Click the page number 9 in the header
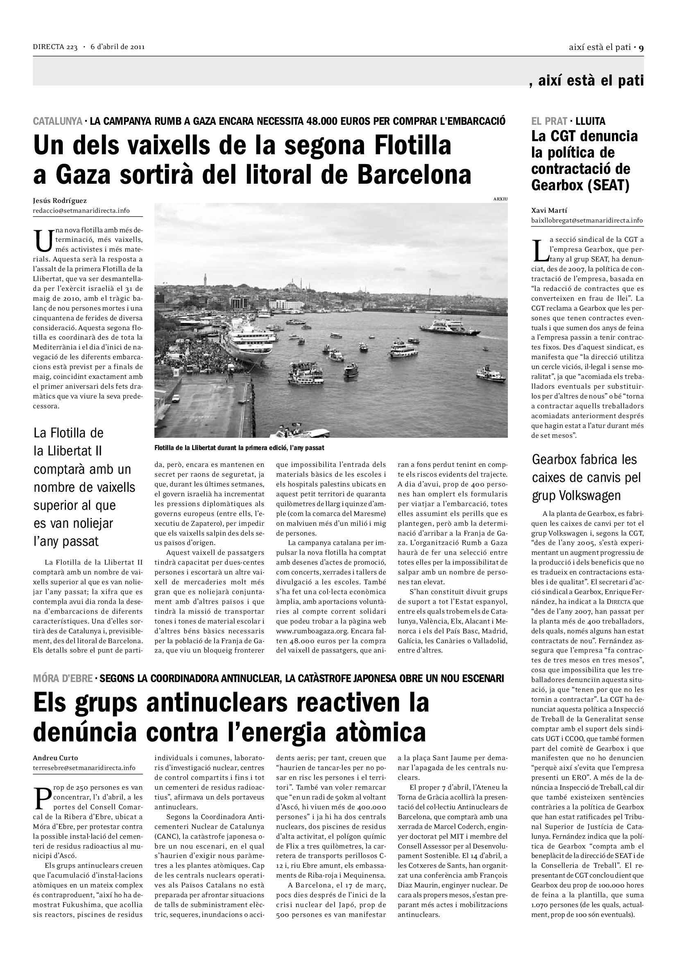pos(641,47)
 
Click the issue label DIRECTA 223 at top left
pos(55,47)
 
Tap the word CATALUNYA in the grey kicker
pos(58,121)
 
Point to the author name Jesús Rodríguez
pos(60,201)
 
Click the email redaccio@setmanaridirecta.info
pos(82,210)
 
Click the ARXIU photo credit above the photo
pos(500,199)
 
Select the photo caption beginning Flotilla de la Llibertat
pos(239,448)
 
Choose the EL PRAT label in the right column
pos(549,121)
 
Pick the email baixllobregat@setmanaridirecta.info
pos(587,220)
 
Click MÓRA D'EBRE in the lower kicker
pos(63,678)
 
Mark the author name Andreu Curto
pos(55,758)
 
